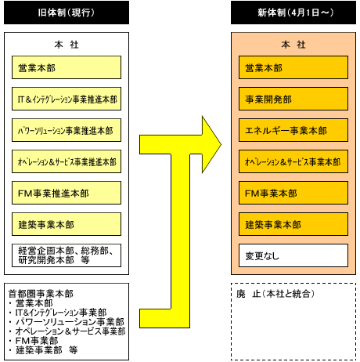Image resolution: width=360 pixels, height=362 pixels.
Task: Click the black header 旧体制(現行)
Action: [67, 13]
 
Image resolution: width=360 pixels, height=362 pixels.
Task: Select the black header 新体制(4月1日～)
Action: [293, 13]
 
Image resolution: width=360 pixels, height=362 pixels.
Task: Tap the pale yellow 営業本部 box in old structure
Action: [67, 67]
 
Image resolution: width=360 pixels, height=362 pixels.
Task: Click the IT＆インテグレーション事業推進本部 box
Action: [67, 99]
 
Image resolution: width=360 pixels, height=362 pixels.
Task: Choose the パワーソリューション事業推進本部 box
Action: [67, 130]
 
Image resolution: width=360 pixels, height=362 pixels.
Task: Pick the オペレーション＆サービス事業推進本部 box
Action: [67, 161]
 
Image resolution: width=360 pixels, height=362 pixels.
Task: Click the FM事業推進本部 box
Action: [67, 193]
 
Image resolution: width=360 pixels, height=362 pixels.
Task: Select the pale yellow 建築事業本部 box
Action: [67, 224]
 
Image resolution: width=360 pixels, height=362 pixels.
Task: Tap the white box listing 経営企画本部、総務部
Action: [67, 255]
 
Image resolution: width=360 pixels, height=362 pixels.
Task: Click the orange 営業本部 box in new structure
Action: [293, 67]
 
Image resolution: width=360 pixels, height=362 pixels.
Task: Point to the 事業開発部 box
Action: [293, 99]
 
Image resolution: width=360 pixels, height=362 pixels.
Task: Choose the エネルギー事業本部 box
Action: [293, 130]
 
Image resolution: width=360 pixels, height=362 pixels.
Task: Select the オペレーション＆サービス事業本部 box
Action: [293, 161]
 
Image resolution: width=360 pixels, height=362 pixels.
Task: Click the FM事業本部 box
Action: [293, 193]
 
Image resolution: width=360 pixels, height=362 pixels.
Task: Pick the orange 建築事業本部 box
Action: [293, 224]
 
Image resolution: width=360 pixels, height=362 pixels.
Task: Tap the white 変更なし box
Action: [293, 255]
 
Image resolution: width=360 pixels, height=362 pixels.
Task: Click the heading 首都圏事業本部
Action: [41, 294]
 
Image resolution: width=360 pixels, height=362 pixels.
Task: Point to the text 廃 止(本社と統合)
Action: [275, 294]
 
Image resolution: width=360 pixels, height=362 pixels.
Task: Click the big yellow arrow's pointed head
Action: [221, 144]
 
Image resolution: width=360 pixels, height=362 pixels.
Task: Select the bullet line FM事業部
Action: [37, 341]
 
